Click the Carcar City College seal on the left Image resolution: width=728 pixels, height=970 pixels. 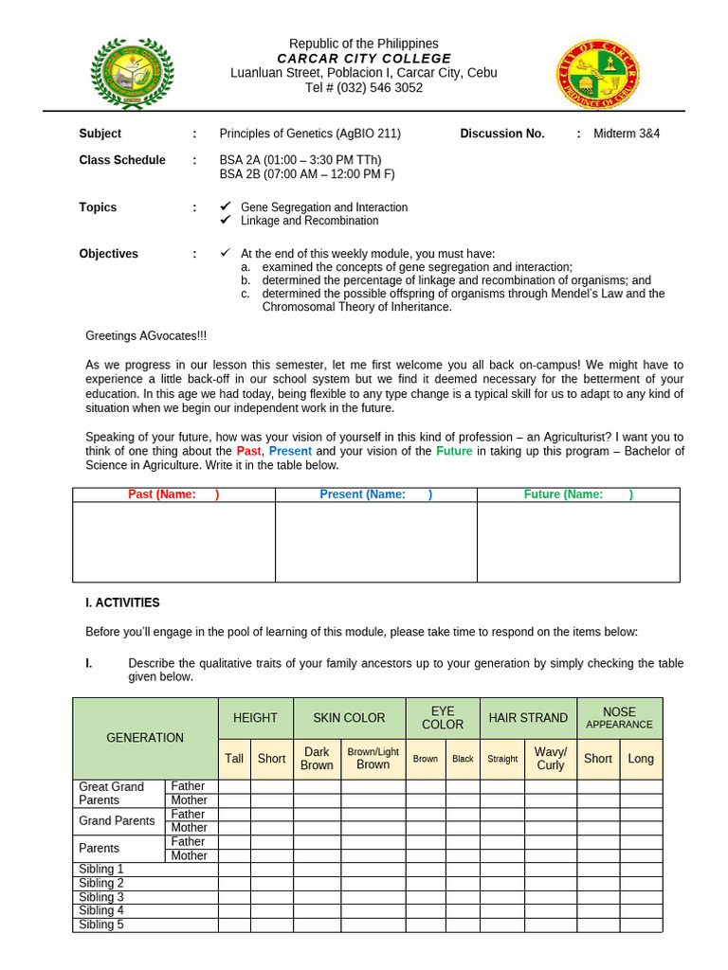coord(133,74)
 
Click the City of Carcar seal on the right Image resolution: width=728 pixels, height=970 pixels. coord(597,74)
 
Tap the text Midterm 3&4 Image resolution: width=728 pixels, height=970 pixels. coord(627,134)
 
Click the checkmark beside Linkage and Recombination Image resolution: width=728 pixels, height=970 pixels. coord(225,221)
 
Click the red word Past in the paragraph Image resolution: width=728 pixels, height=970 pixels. coord(248,452)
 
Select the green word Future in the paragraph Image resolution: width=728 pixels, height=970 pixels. coord(454,452)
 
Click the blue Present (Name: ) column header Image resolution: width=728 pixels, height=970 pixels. coord(375,494)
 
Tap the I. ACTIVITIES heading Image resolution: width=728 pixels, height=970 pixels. coord(122,602)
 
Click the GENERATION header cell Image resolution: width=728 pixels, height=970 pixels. coord(145,738)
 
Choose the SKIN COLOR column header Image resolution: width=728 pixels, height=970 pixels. coord(349,718)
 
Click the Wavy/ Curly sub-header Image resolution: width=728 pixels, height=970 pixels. coord(550,759)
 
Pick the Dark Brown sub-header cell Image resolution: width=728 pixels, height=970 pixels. coord(317,759)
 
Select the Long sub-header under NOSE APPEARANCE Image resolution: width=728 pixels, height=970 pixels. coord(641,759)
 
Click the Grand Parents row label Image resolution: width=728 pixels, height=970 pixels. coord(117,821)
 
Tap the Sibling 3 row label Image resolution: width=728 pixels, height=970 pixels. coord(101,897)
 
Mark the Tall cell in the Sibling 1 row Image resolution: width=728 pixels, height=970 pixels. coord(234,870)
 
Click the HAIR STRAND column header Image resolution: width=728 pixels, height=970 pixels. coord(528,718)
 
